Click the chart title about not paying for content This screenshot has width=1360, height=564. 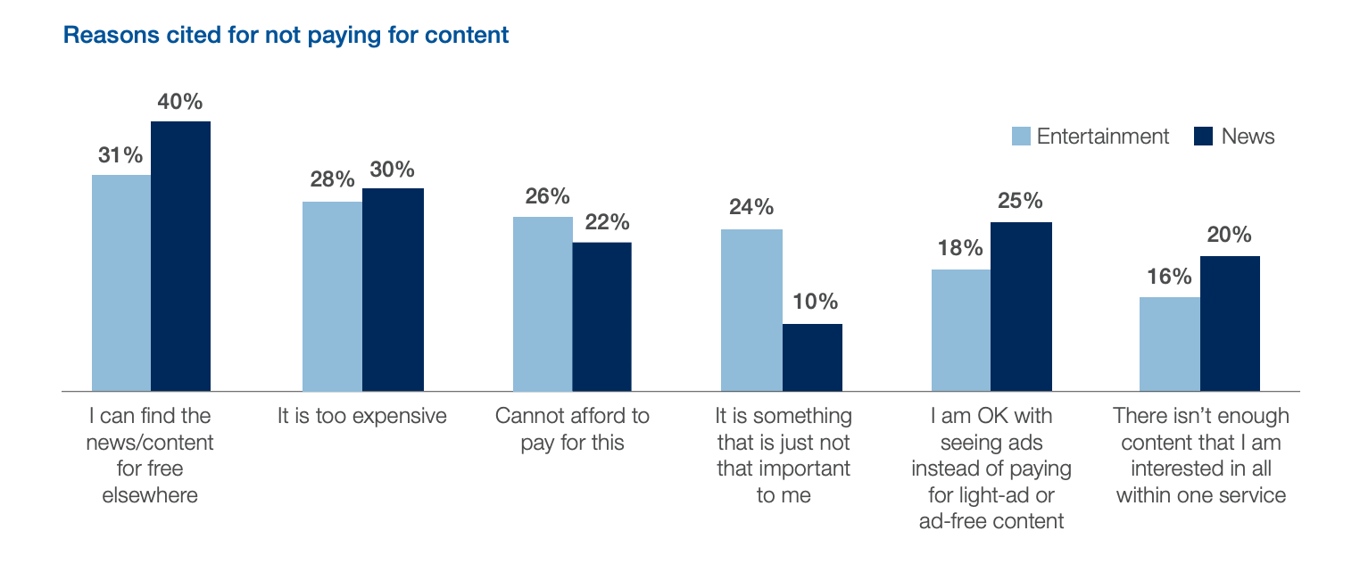pyautogui.click(x=286, y=35)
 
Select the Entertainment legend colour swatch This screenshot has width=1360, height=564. pyautogui.click(x=1021, y=136)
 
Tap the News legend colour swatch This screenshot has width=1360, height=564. pyautogui.click(x=1203, y=136)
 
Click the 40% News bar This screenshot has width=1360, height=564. pyautogui.click(x=181, y=256)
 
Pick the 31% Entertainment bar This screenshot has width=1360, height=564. pyautogui.click(x=121, y=283)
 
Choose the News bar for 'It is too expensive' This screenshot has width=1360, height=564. pyautogui.click(x=393, y=290)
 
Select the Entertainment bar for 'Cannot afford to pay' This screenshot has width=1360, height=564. pyautogui.click(x=543, y=303)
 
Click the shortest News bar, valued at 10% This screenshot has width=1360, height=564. pyautogui.click(x=812, y=358)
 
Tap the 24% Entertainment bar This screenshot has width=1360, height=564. pyautogui.click(x=751, y=311)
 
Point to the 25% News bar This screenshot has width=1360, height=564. pyautogui.click(x=1021, y=307)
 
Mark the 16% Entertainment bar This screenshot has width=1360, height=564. pyautogui.click(x=1170, y=344)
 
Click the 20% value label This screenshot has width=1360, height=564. pyautogui.click(x=1230, y=235)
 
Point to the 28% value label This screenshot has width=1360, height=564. pyautogui.click(x=332, y=179)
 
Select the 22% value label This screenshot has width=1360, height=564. pyautogui.click(x=607, y=222)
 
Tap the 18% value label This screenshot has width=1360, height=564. pyautogui.click(x=960, y=248)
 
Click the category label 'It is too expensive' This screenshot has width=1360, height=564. pyautogui.click(x=361, y=416)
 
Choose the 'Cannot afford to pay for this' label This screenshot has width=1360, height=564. pyautogui.click(x=573, y=429)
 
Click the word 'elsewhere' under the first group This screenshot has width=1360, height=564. pyautogui.click(x=150, y=495)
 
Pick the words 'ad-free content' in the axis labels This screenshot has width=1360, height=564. pyautogui.click(x=991, y=521)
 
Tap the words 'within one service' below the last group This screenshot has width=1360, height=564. pyautogui.click(x=1201, y=495)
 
